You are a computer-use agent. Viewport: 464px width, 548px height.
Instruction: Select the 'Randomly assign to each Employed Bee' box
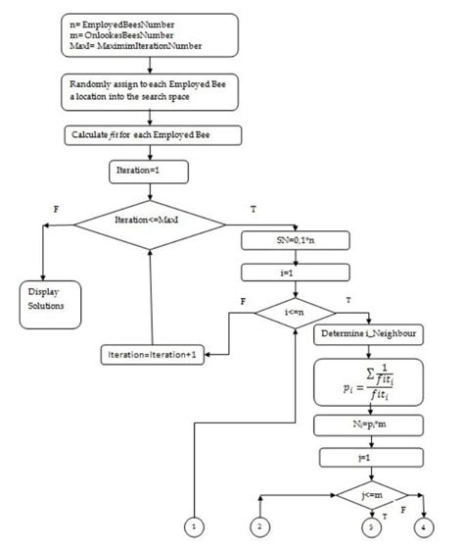[146, 91]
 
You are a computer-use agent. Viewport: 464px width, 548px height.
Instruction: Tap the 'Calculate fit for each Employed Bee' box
[146, 133]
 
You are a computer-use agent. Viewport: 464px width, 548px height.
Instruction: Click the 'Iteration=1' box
[145, 172]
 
